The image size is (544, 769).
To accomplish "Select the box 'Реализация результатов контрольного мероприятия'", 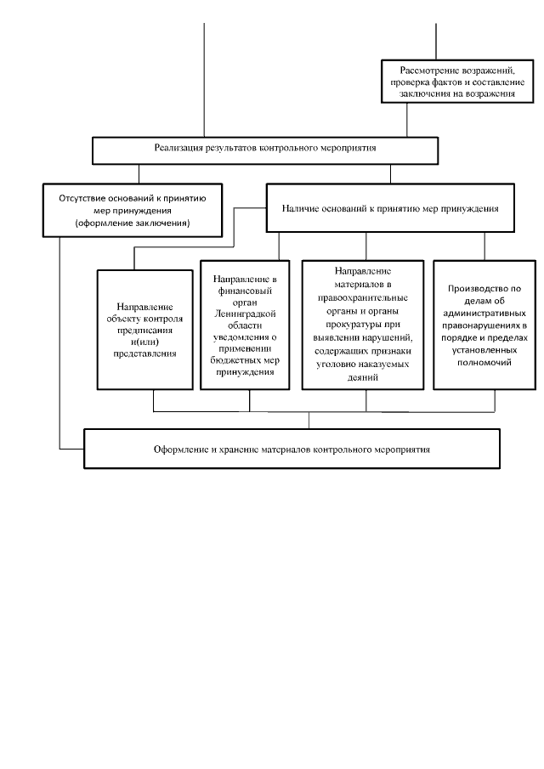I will pyautogui.click(x=266, y=149).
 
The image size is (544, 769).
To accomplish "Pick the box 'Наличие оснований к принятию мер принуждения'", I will pyautogui.click(x=390, y=207).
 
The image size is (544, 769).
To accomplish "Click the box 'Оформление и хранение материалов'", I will pyautogui.click(x=309, y=449).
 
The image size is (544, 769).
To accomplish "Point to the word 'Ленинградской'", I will pyautogui.click(x=249, y=313).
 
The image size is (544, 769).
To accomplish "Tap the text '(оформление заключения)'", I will pyautogui.click(x=132, y=223).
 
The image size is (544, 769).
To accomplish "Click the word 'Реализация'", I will pyautogui.click(x=178, y=149).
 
